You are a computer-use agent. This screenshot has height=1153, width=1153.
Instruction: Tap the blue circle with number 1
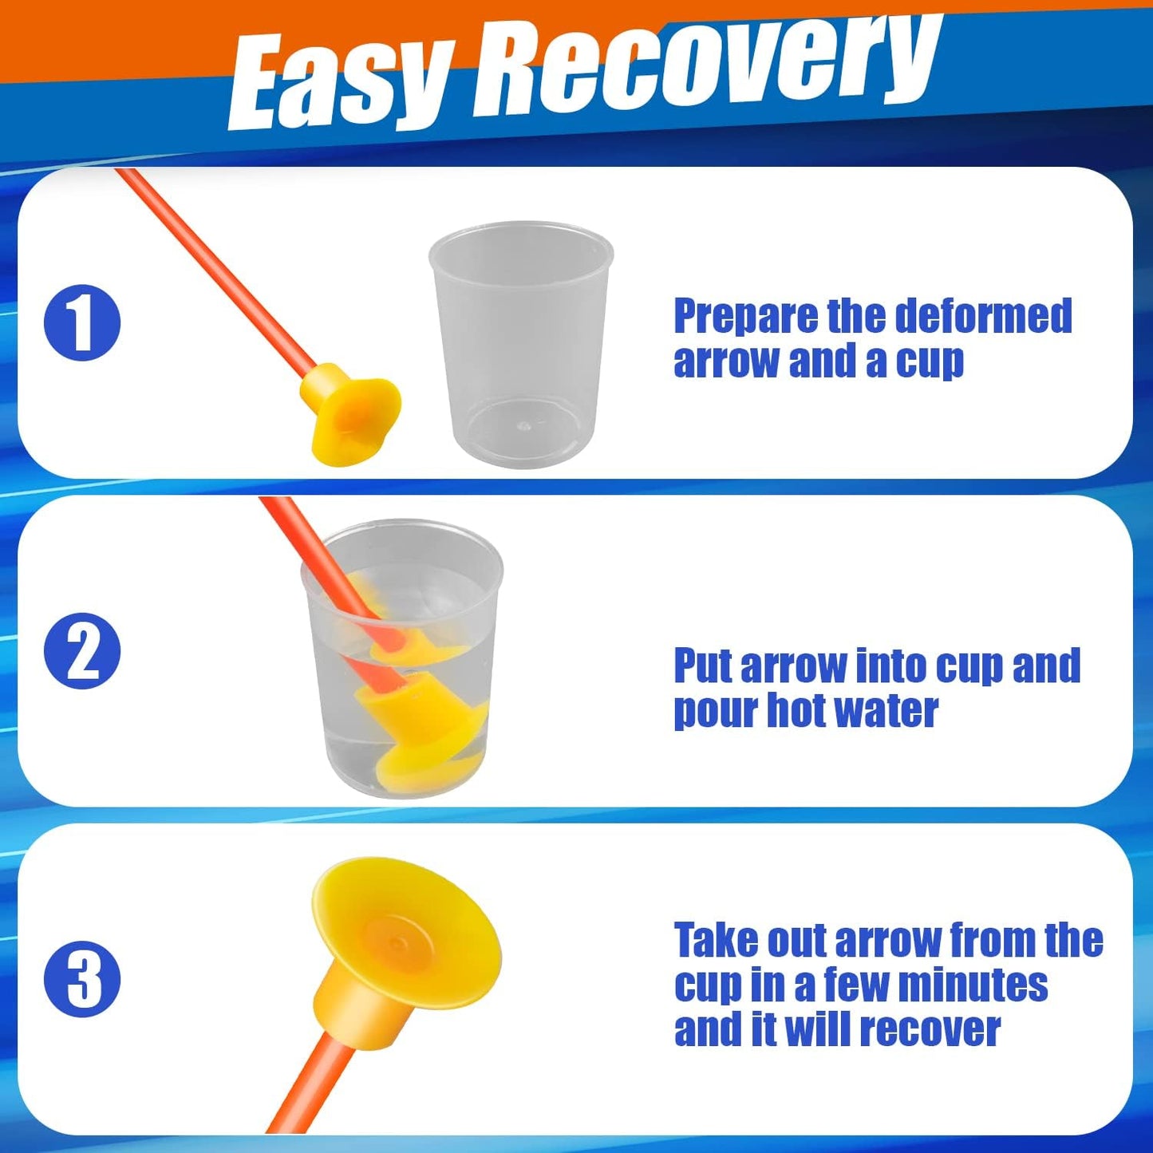(x=82, y=322)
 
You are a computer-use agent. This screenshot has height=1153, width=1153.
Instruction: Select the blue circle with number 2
(x=82, y=651)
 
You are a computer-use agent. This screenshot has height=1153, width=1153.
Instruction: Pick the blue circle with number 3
(x=82, y=979)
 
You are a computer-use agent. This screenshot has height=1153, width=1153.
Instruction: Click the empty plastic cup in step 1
(x=521, y=344)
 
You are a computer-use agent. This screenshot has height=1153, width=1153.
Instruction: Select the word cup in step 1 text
(x=930, y=362)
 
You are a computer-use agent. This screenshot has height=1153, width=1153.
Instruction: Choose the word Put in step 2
(x=704, y=665)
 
